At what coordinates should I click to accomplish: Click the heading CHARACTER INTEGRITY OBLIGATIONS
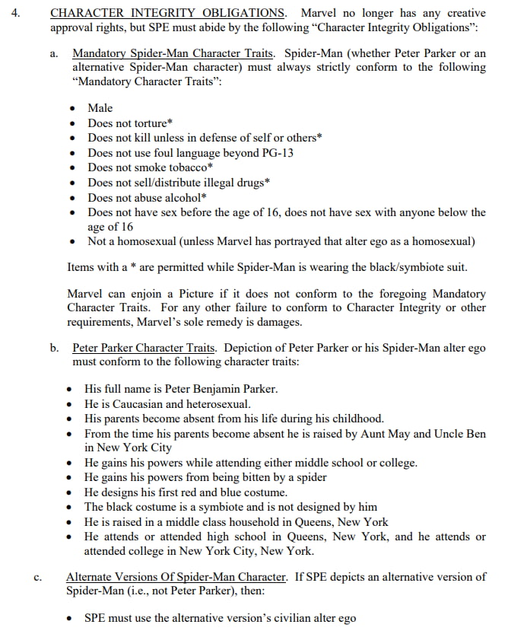[168, 13]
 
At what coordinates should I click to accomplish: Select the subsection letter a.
[54, 54]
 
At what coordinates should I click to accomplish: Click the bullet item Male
[100, 108]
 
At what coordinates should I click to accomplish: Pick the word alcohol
[183, 198]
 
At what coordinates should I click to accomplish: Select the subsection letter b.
[55, 349]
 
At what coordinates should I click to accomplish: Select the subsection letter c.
[37, 578]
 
